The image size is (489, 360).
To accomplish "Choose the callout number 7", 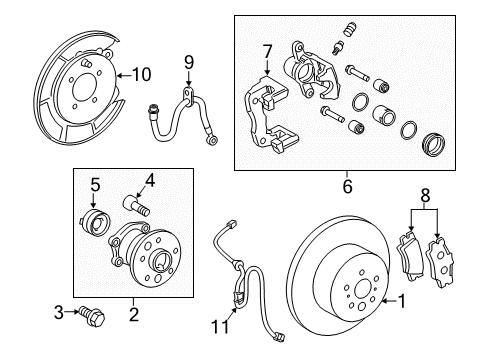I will pyautogui.click(x=267, y=51).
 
